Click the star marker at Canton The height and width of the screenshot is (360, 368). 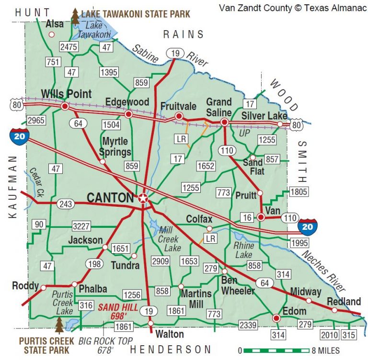coord(143,198)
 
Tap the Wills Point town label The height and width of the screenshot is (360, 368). coord(66,94)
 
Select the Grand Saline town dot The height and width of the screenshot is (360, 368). coord(224,123)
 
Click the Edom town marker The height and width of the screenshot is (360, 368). coord(276,318)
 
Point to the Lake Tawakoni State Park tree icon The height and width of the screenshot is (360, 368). coord(75,15)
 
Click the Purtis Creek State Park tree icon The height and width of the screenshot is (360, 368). coord(59,325)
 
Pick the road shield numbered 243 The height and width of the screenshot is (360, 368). coord(66,204)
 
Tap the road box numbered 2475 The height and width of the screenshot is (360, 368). coord(69,46)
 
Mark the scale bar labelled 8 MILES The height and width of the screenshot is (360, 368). coord(274,350)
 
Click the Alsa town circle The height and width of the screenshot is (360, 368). coord(52,34)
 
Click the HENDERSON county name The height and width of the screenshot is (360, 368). coord(170,349)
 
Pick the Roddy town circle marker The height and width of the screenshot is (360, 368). coord(44,288)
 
